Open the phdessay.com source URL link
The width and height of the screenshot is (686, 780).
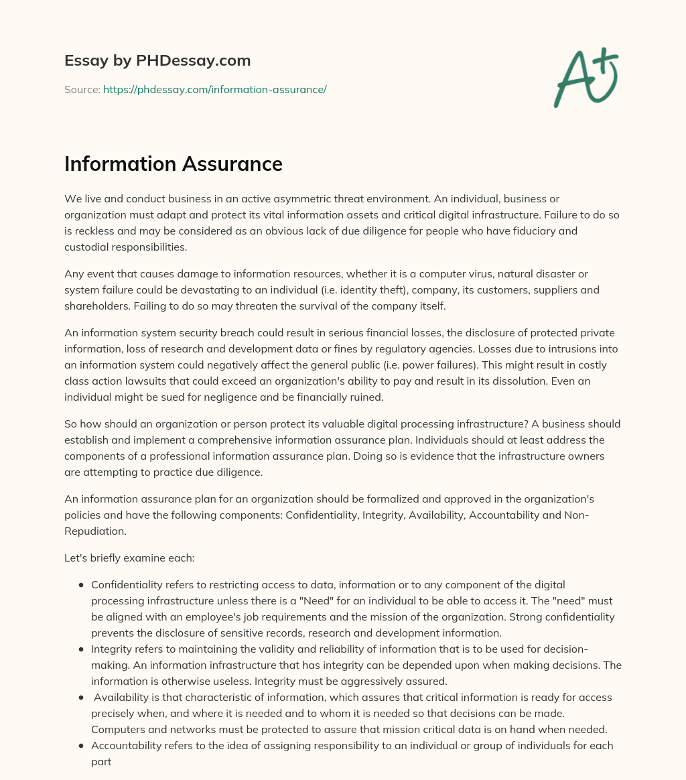click(214, 89)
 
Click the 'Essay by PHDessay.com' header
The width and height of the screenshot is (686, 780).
click(157, 61)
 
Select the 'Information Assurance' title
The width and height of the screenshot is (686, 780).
click(173, 164)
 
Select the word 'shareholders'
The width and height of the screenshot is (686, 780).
click(96, 306)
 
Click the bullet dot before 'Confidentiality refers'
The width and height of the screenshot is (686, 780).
click(81, 585)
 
